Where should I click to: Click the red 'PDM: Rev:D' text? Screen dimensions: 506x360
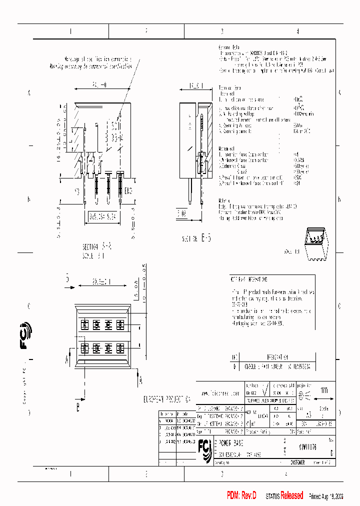tap(241, 495)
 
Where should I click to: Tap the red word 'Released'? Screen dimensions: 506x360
tap(291, 495)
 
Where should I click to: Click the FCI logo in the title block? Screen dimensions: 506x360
tap(205, 449)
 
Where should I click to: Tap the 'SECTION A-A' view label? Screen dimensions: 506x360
tap(97, 247)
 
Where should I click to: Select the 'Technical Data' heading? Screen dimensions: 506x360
tap(232, 87)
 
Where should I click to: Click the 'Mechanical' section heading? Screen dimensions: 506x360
tap(227, 148)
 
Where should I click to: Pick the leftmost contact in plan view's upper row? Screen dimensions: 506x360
tap(84, 324)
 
